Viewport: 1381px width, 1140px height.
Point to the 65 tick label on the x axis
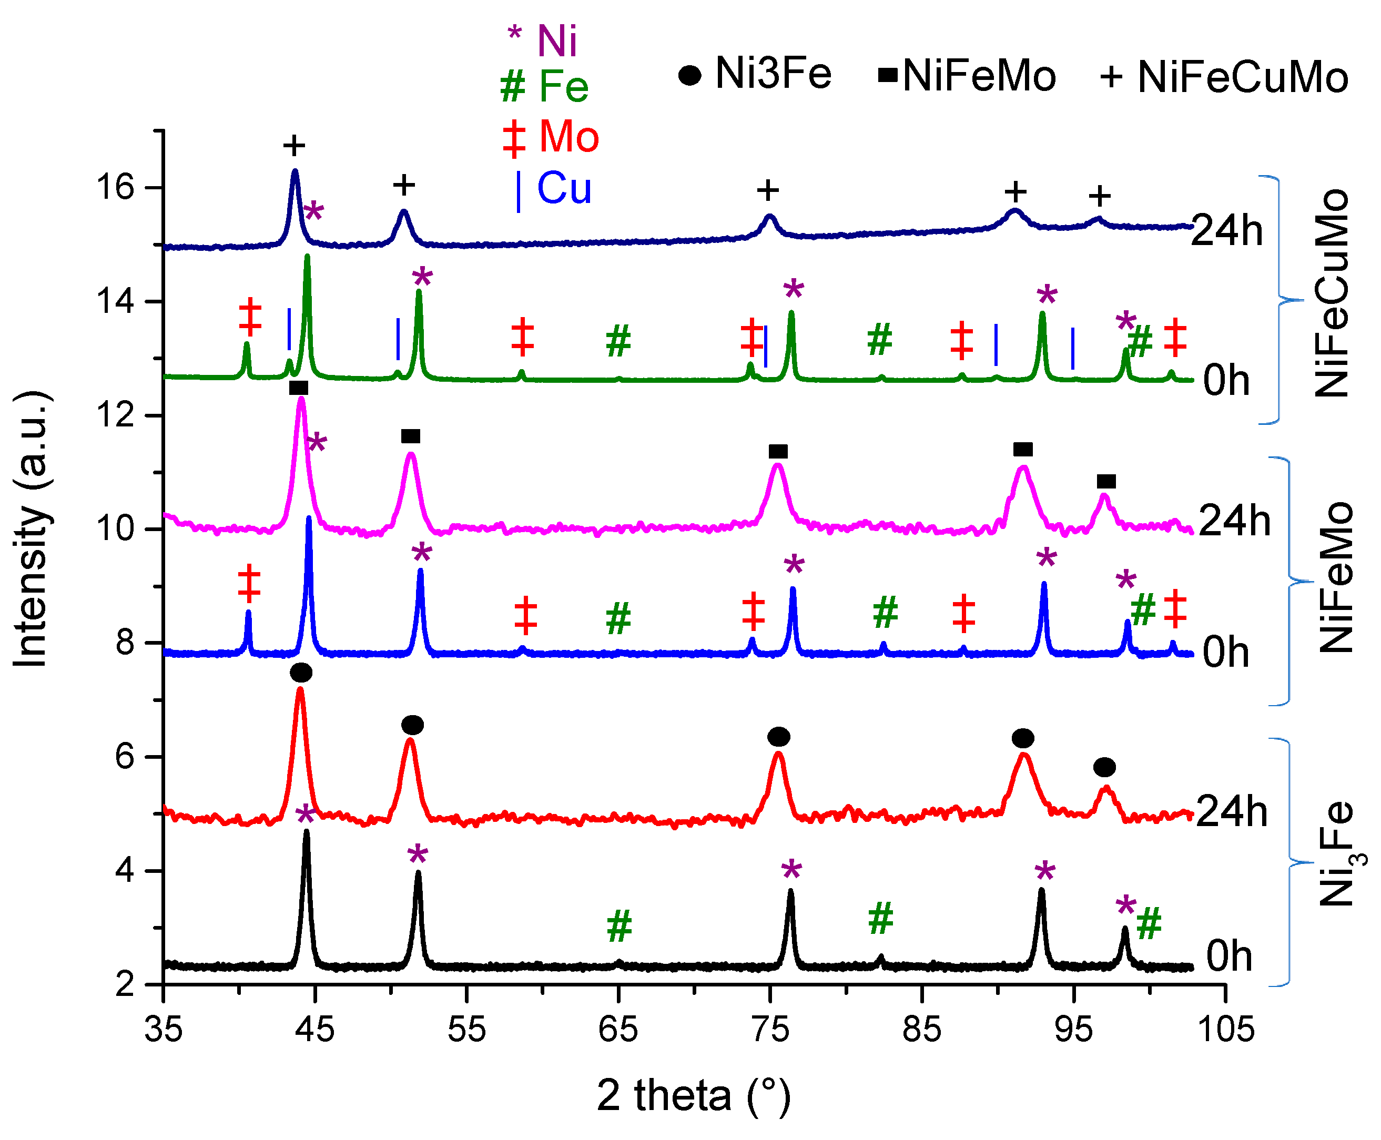(x=618, y=1029)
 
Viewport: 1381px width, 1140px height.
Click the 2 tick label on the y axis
(x=125, y=984)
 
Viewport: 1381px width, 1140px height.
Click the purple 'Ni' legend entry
(x=557, y=40)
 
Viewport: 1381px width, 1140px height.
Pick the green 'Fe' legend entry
(x=563, y=86)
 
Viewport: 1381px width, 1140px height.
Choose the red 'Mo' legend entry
(x=568, y=137)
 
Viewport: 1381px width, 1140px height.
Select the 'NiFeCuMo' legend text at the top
(x=1243, y=77)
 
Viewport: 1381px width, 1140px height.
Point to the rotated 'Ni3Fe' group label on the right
(x=1337, y=854)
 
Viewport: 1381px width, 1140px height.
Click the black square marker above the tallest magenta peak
(x=298, y=388)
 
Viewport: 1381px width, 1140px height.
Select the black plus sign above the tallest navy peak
(x=294, y=146)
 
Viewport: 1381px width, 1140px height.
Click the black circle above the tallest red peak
(x=301, y=673)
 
